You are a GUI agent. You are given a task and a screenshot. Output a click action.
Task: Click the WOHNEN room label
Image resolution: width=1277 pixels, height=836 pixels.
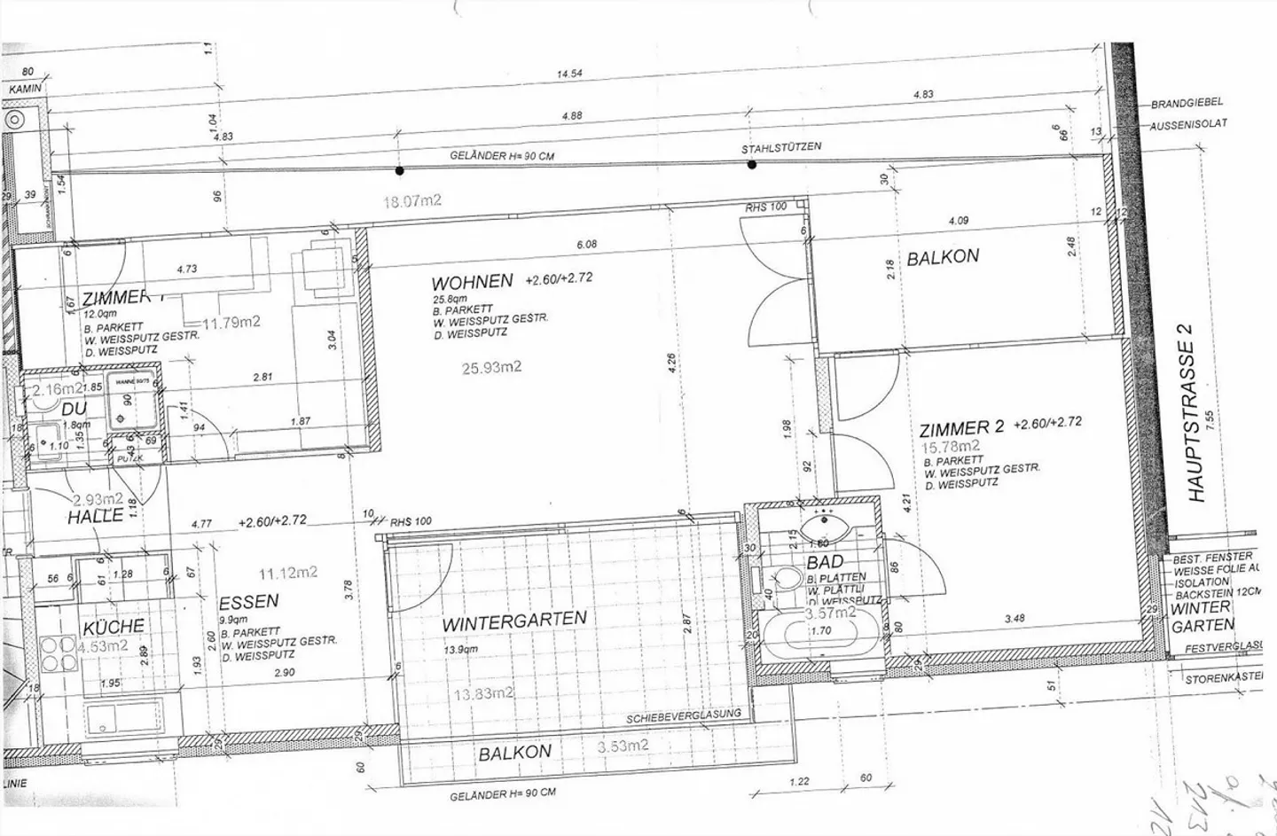pyautogui.click(x=472, y=282)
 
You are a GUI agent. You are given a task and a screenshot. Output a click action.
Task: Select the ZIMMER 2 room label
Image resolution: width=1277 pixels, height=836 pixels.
pyautogui.click(x=961, y=429)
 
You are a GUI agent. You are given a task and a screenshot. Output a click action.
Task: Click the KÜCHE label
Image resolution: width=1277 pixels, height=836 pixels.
pyautogui.click(x=114, y=628)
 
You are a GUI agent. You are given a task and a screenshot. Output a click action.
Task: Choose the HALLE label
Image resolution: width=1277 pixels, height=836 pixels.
pyautogui.click(x=96, y=516)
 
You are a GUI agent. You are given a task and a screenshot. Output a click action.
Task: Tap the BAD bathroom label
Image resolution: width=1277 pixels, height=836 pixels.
pyautogui.click(x=825, y=562)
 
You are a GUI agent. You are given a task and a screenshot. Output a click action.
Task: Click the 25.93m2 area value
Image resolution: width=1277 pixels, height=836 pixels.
pyautogui.click(x=491, y=366)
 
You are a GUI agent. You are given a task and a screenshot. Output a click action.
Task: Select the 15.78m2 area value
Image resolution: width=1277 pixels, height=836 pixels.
pyautogui.click(x=952, y=446)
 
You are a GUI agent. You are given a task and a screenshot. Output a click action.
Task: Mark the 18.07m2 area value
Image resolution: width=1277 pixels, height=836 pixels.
pyautogui.click(x=411, y=201)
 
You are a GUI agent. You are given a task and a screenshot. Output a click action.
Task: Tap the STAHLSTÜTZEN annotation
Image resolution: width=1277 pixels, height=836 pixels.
pyautogui.click(x=781, y=147)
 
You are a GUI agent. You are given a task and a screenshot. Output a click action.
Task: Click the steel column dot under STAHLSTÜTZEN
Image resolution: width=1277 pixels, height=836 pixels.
pyautogui.click(x=752, y=164)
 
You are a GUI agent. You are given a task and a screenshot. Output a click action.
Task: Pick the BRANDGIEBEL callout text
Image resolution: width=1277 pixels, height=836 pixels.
pyautogui.click(x=1187, y=104)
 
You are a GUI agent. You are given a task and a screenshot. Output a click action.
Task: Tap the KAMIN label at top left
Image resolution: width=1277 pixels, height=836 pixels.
pyautogui.click(x=26, y=90)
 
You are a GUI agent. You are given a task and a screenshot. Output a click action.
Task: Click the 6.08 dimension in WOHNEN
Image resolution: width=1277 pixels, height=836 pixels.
pyautogui.click(x=586, y=244)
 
